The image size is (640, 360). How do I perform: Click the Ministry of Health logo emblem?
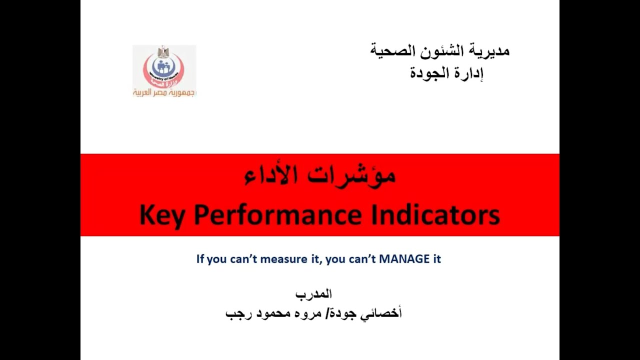[163, 67]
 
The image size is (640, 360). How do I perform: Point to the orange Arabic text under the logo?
[164, 92]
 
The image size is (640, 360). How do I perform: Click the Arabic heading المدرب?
[313, 294]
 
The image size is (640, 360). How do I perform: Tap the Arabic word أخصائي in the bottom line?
[385, 314]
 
